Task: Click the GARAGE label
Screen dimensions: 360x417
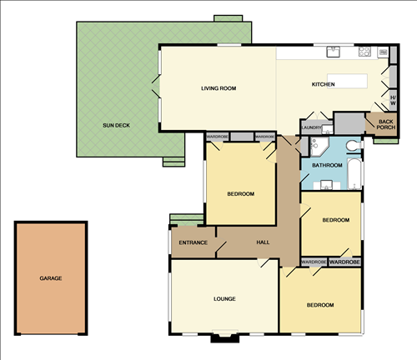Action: (51, 278)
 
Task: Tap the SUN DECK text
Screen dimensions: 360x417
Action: (116, 126)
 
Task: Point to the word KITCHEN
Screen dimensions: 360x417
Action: (324, 85)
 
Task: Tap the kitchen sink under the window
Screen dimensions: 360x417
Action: (334, 52)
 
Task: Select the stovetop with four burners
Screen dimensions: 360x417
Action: (364, 52)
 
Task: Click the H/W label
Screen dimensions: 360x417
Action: (394, 100)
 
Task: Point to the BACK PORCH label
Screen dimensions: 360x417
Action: (385, 125)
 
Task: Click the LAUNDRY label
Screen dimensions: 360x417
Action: (312, 127)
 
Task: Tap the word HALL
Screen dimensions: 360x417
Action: (264, 242)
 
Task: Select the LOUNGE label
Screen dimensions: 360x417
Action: (224, 298)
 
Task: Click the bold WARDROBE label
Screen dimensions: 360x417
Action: (345, 262)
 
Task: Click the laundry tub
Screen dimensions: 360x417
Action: (327, 129)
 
